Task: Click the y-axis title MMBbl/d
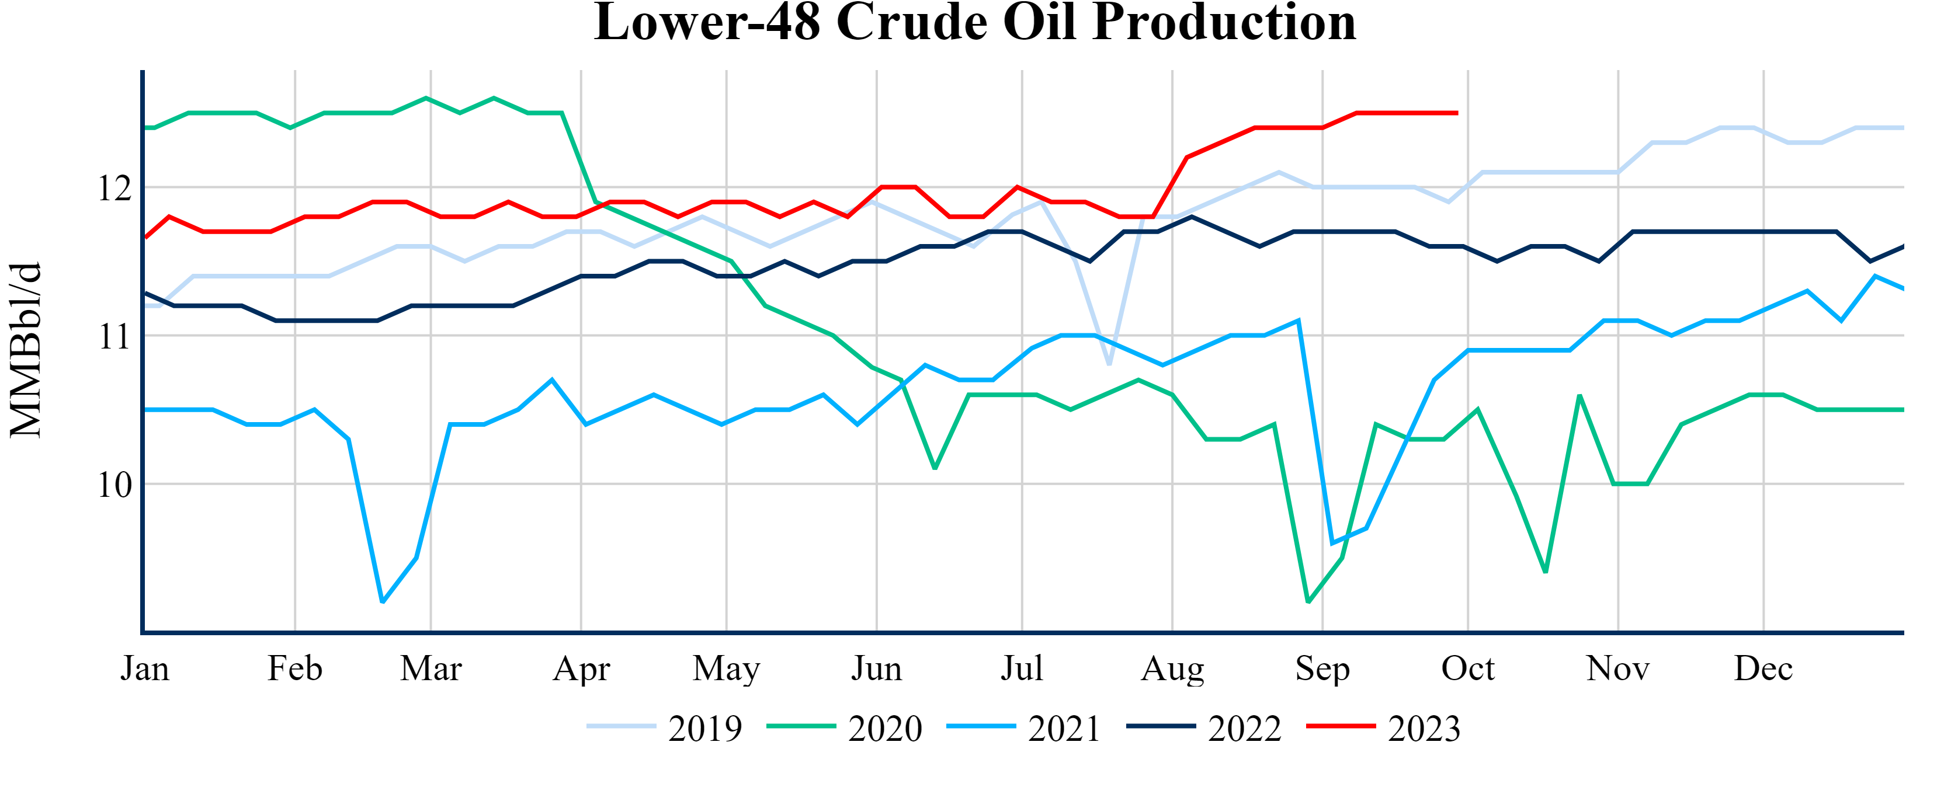[x=26, y=350]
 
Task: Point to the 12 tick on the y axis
[x=115, y=188]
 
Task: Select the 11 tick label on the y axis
[x=115, y=336]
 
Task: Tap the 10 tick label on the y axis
[x=115, y=485]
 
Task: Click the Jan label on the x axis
[x=145, y=668]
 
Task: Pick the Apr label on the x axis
[x=581, y=668]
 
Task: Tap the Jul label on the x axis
[x=1022, y=668]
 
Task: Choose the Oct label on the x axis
[x=1468, y=668]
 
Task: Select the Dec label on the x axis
[x=1763, y=668]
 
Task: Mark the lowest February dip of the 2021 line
[x=383, y=602]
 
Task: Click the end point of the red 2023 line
[x=1457, y=113]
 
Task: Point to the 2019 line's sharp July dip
[x=1109, y=365]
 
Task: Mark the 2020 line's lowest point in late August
[x=1308, y=602]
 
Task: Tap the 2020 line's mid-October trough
[x=1545, y=572]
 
